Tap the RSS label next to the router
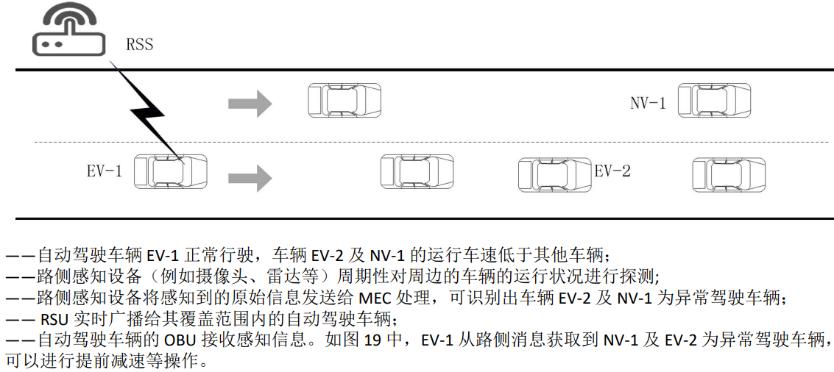139,45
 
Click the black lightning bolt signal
147,110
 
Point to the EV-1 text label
104,172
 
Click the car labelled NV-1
715,101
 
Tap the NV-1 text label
648,103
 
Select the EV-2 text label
612,171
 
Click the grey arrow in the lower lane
250,177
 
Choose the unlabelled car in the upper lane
344,101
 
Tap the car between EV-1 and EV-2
417,172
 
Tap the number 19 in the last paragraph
371,340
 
